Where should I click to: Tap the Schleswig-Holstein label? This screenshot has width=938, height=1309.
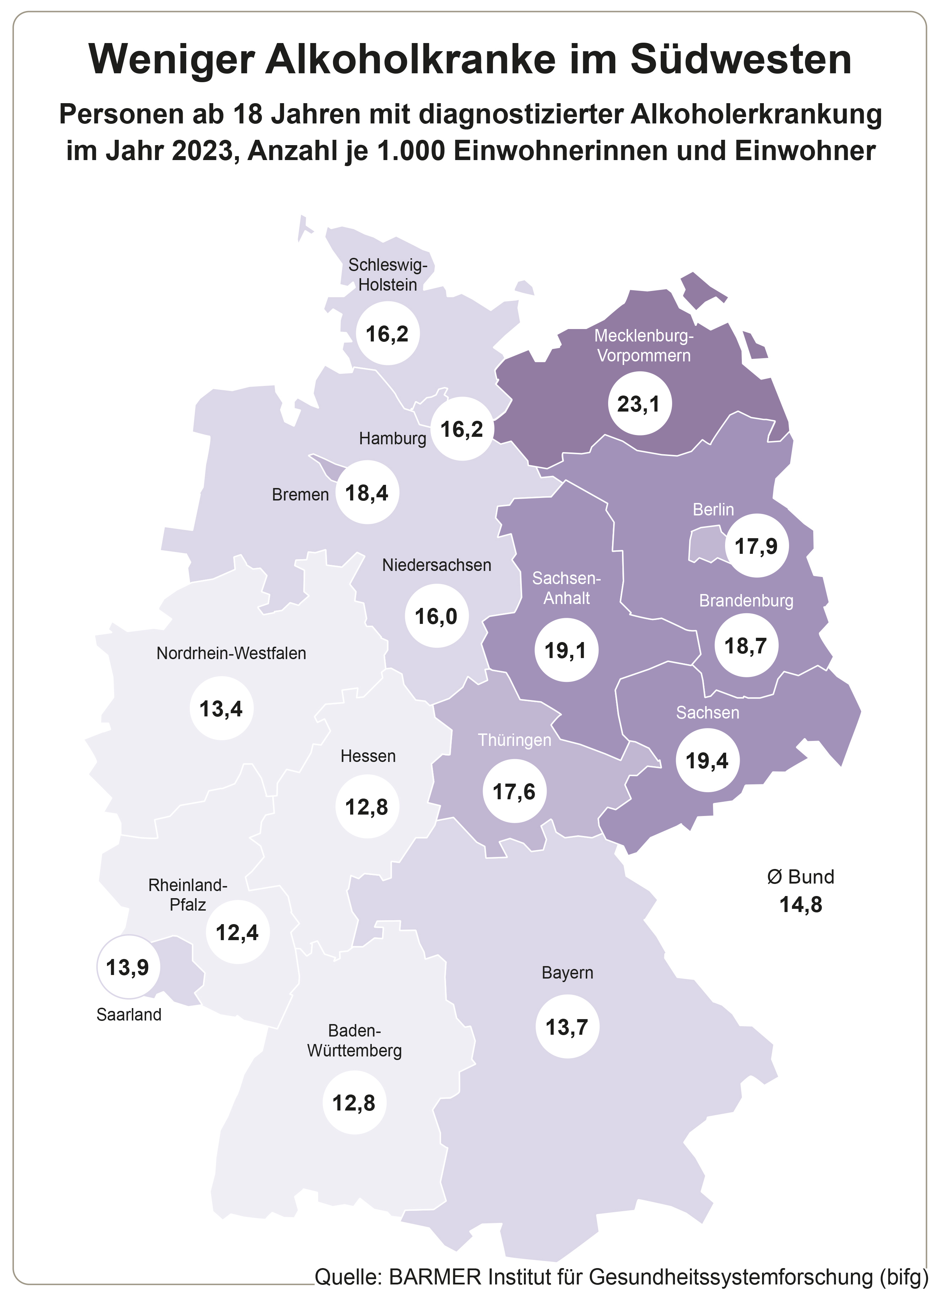tap(388, 275)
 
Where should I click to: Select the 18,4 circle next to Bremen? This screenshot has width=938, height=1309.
tap(367, 492)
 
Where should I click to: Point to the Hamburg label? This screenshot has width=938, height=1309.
tap(393, 439)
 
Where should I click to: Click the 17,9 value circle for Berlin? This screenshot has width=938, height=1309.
tap(756, 545)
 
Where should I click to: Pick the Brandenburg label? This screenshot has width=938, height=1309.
tap(746, 601)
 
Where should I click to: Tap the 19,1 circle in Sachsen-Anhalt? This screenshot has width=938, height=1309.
tap(566, 651)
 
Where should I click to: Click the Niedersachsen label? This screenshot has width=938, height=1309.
tap(437, 565)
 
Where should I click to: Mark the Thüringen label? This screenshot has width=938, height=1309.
tap(515, 740)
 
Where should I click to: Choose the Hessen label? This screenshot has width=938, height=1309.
tap(368, 756)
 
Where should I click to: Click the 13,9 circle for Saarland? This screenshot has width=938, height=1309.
tap(128, 967)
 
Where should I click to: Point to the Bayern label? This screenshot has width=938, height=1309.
tap(567, 973)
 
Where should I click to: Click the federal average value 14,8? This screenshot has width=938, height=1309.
tap(801, 905)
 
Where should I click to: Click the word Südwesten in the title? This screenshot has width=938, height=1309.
tap(741, 59)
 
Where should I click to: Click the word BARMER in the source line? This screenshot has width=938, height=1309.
tap(435, 1277)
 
